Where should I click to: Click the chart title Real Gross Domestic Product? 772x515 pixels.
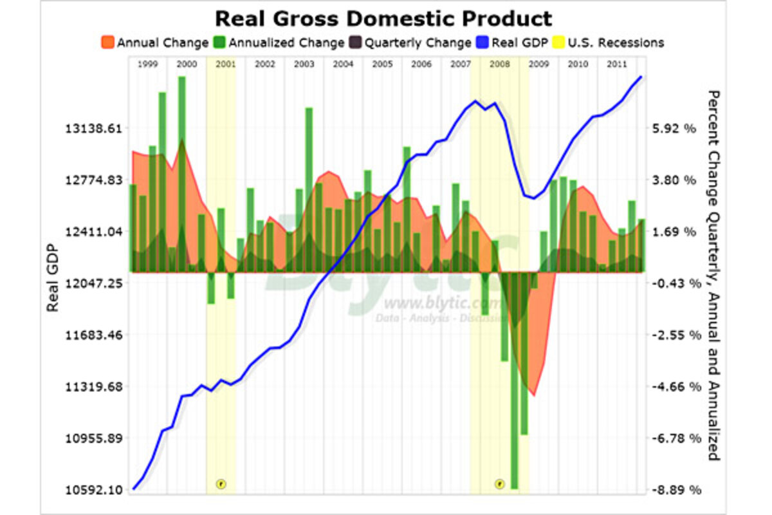pyautogui.click(x=383, y=17)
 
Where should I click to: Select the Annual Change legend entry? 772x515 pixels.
pyautogui.click(x=154, y=43)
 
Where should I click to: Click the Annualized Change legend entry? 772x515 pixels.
pyautogui.click(x=279, y=43)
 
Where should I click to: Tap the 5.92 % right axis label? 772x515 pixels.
pyautogui.click(x=674, y=128)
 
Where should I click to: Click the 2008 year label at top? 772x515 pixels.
pyautogui.click(x=500, y=64)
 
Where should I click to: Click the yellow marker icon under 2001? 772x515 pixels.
pyautogui.click(x=221, y=483)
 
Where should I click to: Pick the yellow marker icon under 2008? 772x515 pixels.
pyautogui.click(x=499, y=483)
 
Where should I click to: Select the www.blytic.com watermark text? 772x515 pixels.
pyautogui.click(x=444, y=303)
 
